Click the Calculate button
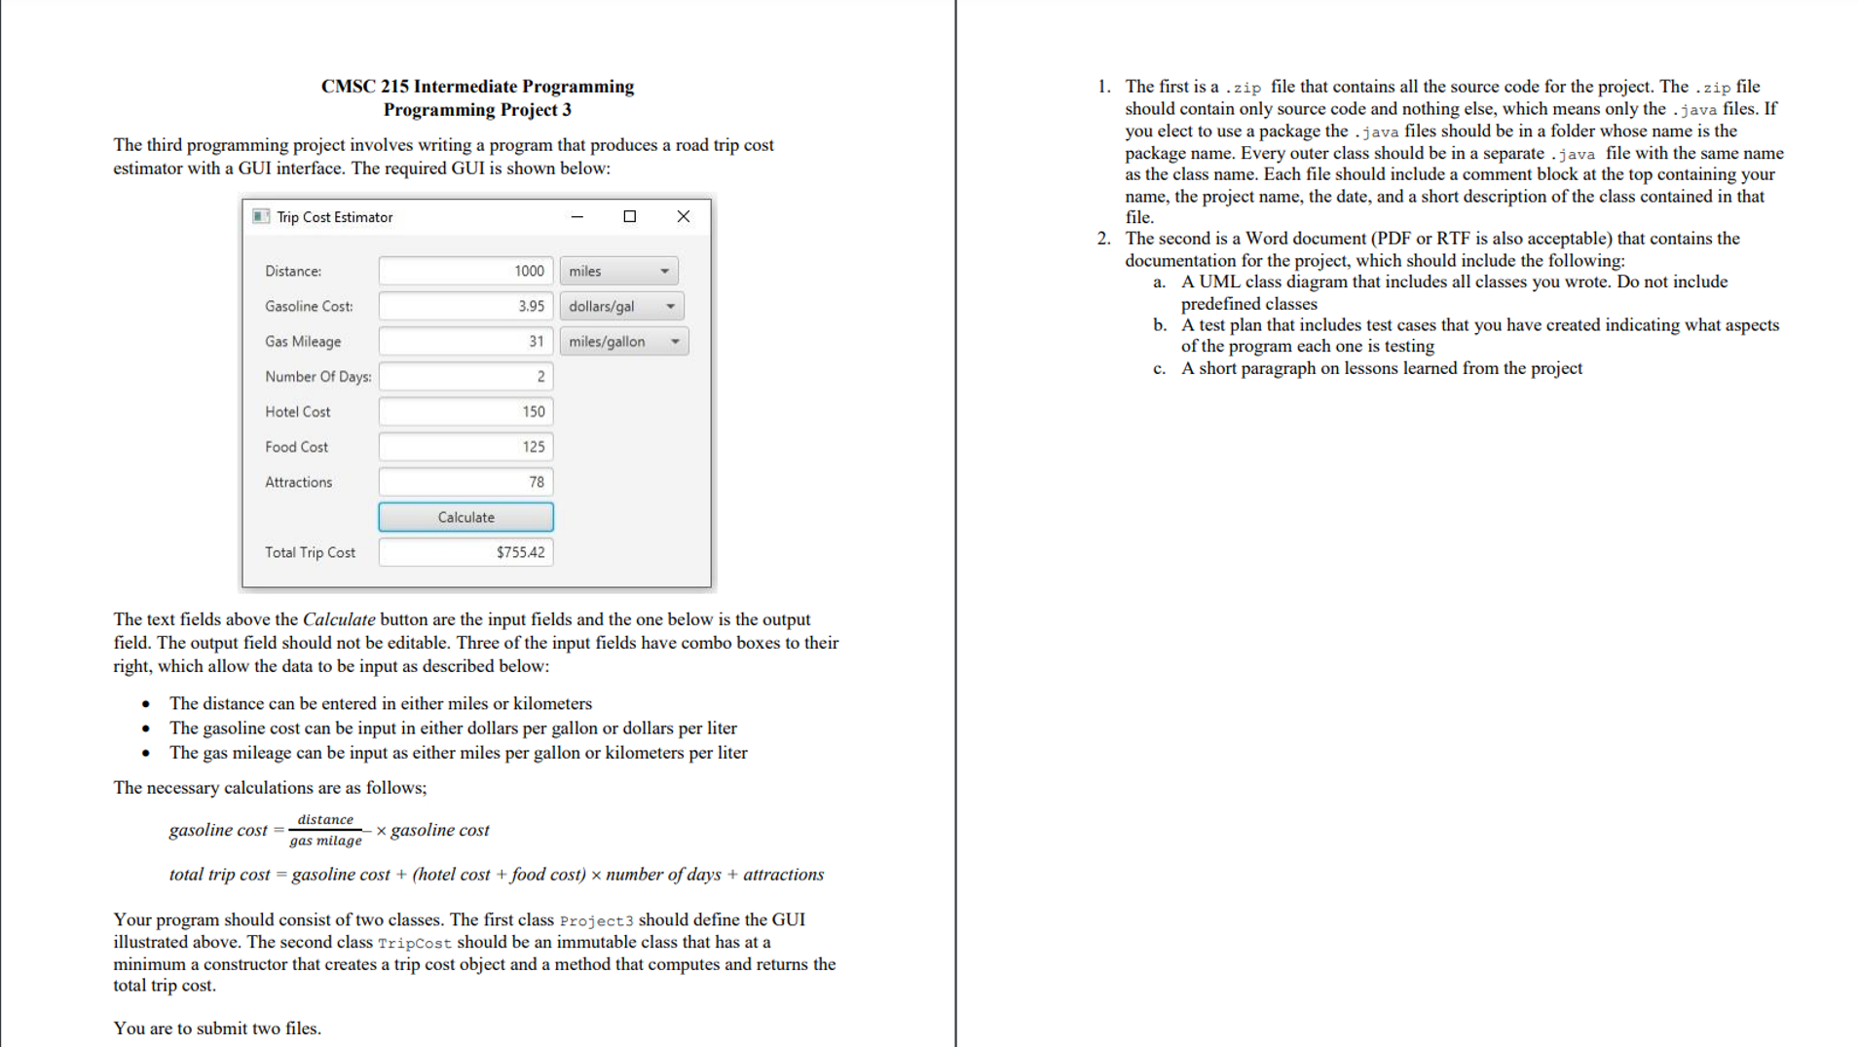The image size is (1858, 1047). tap(465, 517)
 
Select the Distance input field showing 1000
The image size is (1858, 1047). tap(465, 271)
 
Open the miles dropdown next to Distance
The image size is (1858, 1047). tap(618, 271)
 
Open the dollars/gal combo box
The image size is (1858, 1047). tap(621, 306)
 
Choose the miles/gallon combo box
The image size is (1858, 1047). tap(623, 341)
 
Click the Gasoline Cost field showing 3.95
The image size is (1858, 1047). tap(465, 306)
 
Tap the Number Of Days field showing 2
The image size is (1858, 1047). tap(465, 376)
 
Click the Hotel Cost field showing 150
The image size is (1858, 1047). tap(465, 411)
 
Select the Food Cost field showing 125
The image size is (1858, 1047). tap(465, 446)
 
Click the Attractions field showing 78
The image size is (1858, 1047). tap(465, 481)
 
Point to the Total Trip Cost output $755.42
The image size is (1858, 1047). tap(465, 552)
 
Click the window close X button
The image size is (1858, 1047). tap(683, 216)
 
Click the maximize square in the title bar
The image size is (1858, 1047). tap(629, 216)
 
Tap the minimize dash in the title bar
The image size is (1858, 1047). tap(576, 216)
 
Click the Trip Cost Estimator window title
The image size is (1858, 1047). tap(334, 217)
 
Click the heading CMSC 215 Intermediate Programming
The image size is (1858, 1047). tap(477, 86)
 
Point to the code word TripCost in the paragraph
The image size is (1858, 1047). tap(414, 943)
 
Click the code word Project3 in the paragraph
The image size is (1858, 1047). tap(596, 920)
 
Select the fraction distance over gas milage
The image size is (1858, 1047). tap(325, 830)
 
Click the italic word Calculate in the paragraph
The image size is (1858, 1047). tap(338, 619)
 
